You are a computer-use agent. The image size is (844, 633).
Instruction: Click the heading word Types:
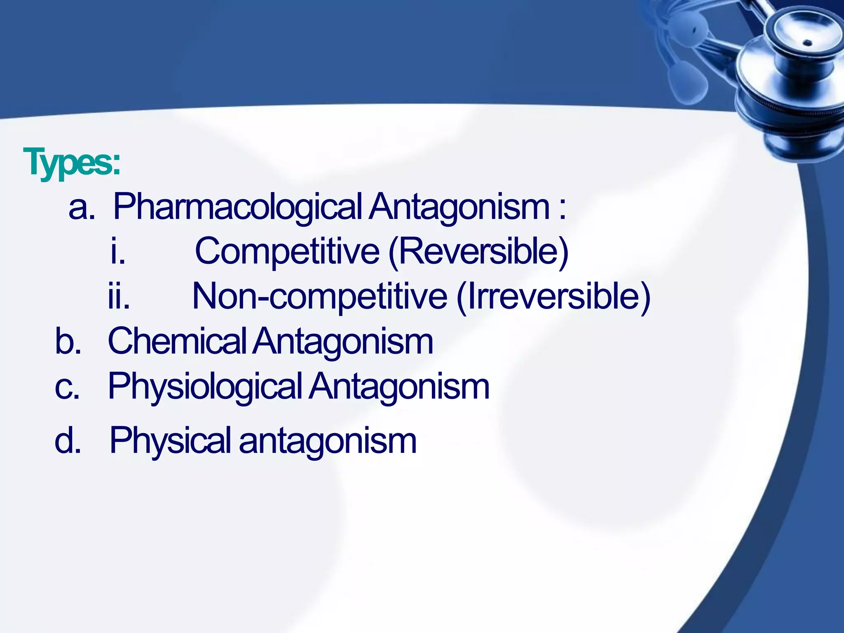[x=72, y=163]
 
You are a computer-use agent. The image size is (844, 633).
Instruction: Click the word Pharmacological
[x=237, y=207]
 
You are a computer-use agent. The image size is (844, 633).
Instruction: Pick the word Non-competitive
[x=320, y=297]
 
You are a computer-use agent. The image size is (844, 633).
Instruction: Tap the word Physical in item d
[x=170, y=441]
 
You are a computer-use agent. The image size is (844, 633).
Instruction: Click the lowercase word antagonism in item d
[x=328, y=441]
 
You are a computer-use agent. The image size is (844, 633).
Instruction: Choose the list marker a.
[x=82, y=207]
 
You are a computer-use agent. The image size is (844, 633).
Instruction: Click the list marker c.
[x=67, y=387]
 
